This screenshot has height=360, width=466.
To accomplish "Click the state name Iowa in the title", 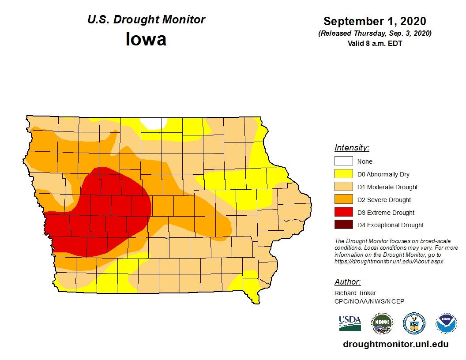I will [x=146, y=39].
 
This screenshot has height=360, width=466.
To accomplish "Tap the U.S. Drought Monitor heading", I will [x=146, y=20].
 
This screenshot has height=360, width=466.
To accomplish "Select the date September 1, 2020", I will [x=374, y=21].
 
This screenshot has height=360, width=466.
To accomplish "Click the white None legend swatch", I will [x=343, y=161].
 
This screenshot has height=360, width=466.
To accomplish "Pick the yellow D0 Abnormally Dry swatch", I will [x=343, y=174].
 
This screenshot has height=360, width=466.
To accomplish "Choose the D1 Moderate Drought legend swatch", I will [x=343, y=187].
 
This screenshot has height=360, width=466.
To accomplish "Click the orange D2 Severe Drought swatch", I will [x=343, y=200].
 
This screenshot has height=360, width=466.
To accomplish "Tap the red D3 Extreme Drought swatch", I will [x=343, y=213].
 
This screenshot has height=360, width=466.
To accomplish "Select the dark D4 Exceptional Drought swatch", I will [x=343, y=225].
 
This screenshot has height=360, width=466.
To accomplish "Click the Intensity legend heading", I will [x=352, y=148].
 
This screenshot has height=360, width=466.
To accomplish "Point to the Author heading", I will [x=347, y=282].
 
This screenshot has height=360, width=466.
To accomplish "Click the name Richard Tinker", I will [x=355, y=293].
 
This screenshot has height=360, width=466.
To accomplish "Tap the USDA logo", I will [x=350, y=323].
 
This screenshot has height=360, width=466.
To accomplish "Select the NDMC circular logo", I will [x=381, y=323].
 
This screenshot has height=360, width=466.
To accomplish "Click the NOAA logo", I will [x=446, y=323].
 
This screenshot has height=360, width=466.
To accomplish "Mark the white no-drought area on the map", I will [x=154, y=123].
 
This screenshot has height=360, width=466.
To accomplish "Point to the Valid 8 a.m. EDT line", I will [x=374, y=43].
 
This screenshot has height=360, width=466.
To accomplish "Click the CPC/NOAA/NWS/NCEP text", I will [x=369, y=301].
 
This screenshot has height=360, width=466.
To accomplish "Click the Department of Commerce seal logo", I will [x=414, y=323].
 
